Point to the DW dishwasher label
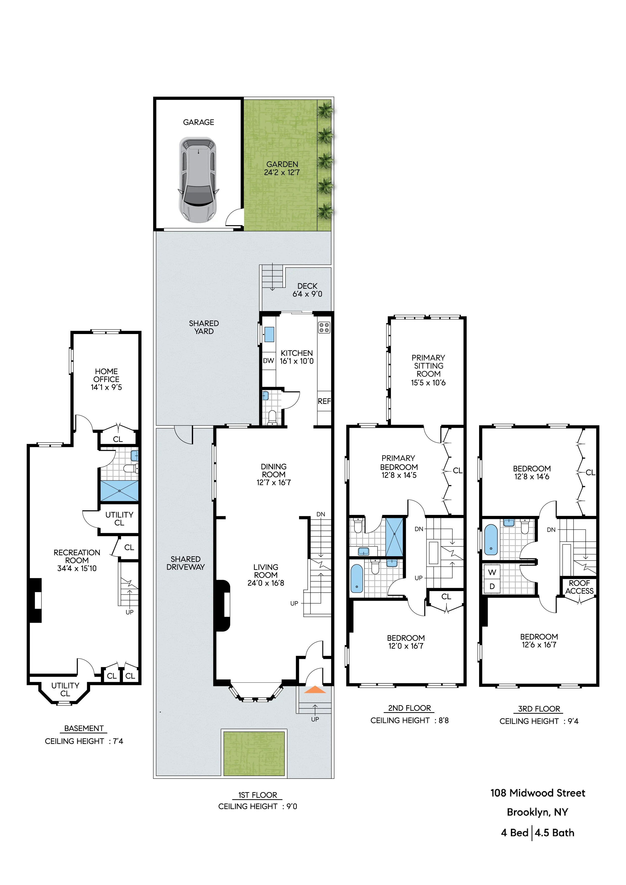tap(269, 361)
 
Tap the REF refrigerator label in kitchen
tap(324, 401)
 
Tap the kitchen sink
tap(269, 334)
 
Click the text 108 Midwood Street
tap(538, 793)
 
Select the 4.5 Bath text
tap(554, 833)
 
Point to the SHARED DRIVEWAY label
tap(186, 563)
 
